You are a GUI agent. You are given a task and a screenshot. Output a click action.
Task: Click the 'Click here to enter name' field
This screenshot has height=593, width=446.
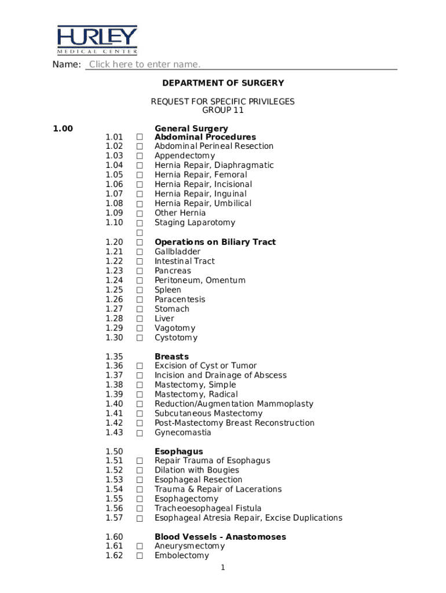click(x=145, y=64)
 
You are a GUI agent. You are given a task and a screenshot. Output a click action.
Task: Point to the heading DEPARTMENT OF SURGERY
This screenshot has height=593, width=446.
click(x=222, y=83)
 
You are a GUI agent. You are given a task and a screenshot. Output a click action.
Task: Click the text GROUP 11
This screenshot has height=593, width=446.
click(x=222, y=110)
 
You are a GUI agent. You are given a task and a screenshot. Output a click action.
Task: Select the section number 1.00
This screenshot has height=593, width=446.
click(x=63, y=129)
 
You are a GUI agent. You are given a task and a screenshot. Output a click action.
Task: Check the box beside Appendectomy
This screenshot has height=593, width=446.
click(x=140, y=156)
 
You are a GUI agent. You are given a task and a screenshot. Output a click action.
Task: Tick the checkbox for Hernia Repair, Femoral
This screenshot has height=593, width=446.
click(x=140, y=175)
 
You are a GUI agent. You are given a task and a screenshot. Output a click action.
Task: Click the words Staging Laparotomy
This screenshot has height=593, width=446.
click(x=195, y=223)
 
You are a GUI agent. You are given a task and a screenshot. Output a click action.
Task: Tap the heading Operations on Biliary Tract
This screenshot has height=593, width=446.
click(x=215, y=242)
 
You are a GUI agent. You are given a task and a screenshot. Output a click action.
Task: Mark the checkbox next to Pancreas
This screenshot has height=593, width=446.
click(x=140, y=271)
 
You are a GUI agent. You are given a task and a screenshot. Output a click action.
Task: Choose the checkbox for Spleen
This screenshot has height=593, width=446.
click(x=140, y=290)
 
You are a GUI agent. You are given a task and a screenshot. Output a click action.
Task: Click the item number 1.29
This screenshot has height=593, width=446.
click(x=114, y=328)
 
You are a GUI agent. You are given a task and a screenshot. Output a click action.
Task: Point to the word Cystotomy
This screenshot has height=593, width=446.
click(x=176, y=338)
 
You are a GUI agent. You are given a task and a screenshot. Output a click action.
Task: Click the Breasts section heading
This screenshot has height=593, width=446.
click(x=171, y=357)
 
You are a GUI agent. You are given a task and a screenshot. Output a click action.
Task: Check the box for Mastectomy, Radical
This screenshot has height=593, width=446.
click(x=140, y=395)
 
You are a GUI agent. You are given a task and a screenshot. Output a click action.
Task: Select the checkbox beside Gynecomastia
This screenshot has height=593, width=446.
click(x=140, y=433)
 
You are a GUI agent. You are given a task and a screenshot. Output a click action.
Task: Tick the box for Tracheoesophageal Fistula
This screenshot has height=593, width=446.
click(x=140, y=509)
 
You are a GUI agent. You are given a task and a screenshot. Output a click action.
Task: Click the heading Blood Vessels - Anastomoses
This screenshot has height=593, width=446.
click(x=220, y=537)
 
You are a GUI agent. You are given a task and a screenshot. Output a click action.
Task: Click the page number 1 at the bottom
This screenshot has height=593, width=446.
click(x=222, y=568)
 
